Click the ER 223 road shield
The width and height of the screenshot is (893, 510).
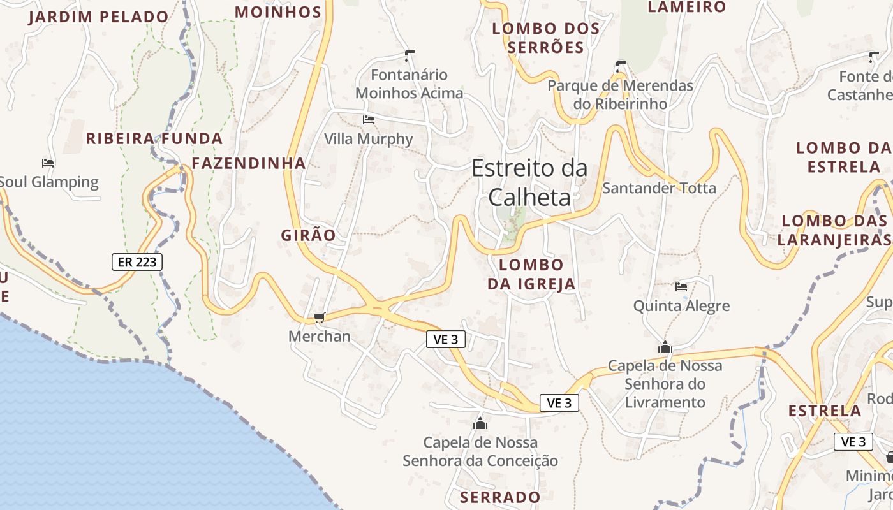(x=137, y=261)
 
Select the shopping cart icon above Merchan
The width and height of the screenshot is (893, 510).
(x=320, y=317)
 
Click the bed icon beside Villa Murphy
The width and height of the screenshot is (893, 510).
(x=368, y=119)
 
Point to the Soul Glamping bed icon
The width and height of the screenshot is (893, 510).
(x=48, y=163)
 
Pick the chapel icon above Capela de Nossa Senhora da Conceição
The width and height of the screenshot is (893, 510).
(x=480, y=423)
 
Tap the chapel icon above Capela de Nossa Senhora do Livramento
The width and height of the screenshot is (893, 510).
(x=665, y=347)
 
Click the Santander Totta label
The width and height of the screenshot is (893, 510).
(x=659, y=188)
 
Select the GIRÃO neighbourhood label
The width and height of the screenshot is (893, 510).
(x=308, y=235)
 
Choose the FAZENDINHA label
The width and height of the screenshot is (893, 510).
(x=249, y=163)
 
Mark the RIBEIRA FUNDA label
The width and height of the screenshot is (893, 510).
(x=154, y=138)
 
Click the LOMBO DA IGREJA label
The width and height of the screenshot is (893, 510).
(x=531, y=274)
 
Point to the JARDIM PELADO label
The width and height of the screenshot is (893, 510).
(x=99, y=17)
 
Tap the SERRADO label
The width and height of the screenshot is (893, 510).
(x=500, y=497)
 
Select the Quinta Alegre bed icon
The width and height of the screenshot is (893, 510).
(x=681, y=287)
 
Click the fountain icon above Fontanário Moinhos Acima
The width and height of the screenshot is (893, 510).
(x=410, y=55)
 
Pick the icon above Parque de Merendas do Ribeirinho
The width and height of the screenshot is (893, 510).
(x=621, y=66)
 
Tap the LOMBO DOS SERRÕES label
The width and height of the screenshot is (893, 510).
(x=547, y=38)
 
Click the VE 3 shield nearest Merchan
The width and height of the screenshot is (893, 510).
(x=445, y=340)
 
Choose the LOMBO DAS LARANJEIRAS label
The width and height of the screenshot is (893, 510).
(x=834, y=230)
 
